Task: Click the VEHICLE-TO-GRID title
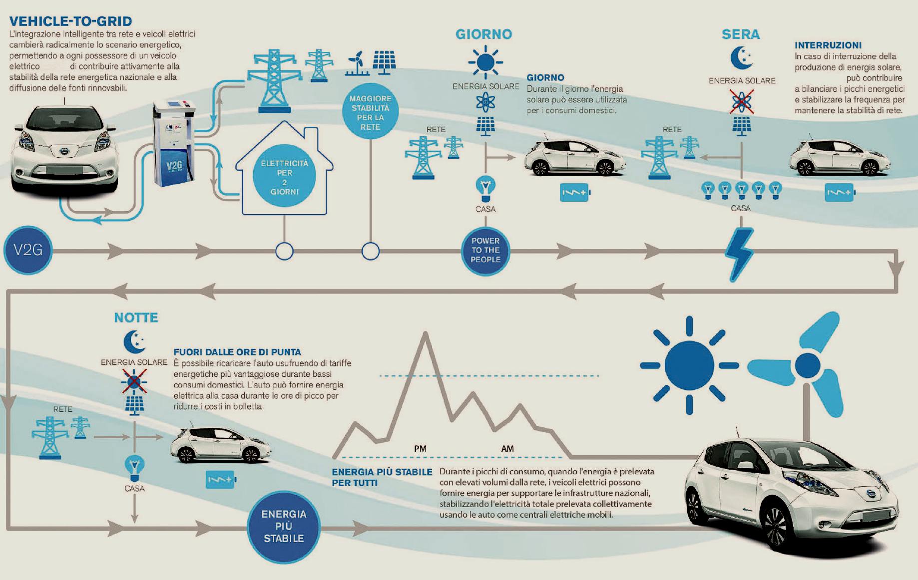click(70, 21)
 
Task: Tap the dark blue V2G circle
click(28, 250)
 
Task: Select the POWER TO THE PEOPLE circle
click(485, 250)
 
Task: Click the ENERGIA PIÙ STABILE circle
click(284, 526)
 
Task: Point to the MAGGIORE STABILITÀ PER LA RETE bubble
click(370, 113)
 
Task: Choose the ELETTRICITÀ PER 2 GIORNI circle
click(284, 177)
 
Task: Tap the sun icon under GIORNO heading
click(485, 62)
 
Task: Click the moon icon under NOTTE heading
click(134, 341)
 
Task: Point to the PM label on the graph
click(420, 449)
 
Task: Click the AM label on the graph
click(507, 449)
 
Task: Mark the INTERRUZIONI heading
click(828, 45)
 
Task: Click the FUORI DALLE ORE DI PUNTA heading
click(237, 352)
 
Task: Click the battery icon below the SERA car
click(840, 193)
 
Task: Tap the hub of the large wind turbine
click(807, 366)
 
